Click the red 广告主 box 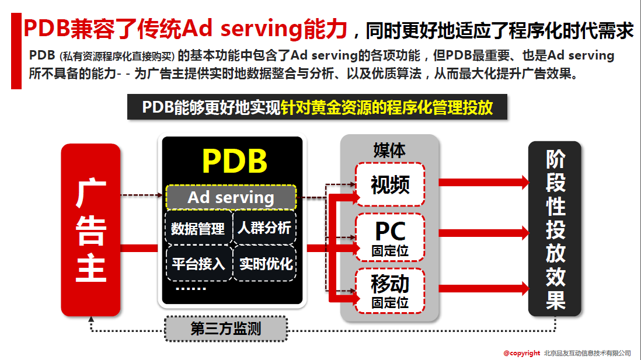[x=90, y=230]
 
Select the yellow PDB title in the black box [x=235, y=161]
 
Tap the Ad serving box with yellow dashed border [x=231, y=197]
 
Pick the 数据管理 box [x=198, y=228]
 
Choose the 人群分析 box [x=264, y=228]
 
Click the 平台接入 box [x=199, y=264]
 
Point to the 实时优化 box [x=265, y=264]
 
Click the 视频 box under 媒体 [x=390, y=184]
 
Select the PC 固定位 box [x=390, y=237]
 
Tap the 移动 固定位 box [x=390, y=291]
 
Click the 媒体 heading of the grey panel [x=389, y=151]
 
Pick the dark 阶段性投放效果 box [x=555, y=229]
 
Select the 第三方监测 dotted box [x=226, y=328]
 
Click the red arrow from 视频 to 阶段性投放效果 [x=483, y=182]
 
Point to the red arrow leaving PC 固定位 [x=483, y=233]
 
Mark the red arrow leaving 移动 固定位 [x=483, y=288]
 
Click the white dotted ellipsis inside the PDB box [x=191, y=289]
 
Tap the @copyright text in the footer [x=522, y=353]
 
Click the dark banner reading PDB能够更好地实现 [x=317, y=107]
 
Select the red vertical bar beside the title [x=16, y=51]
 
